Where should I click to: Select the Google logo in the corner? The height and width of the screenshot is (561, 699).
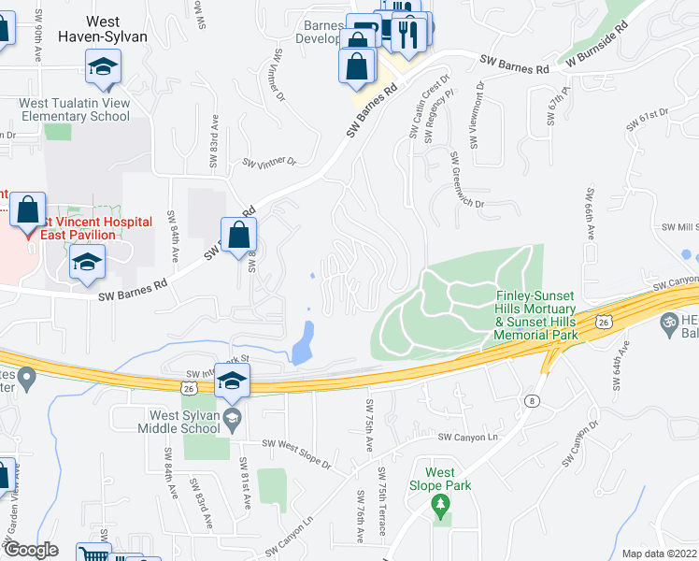tap(31, 549)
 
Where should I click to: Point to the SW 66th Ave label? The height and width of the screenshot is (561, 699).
tap(591, 214)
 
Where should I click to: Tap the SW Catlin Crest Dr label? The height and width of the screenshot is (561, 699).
tap(415, 106)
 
